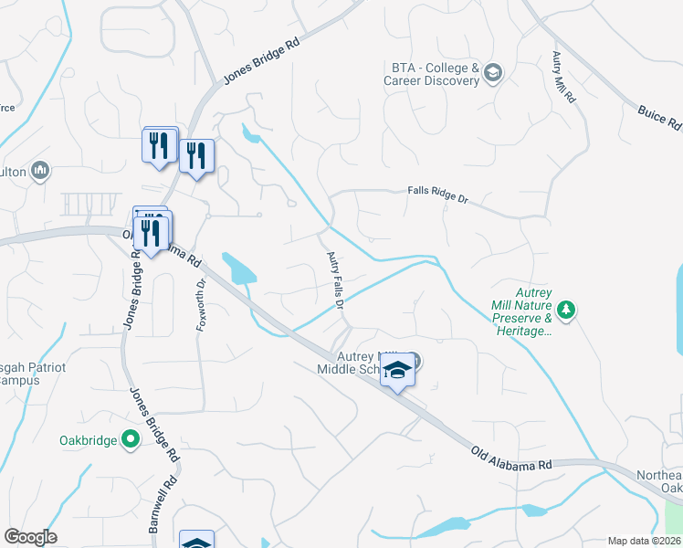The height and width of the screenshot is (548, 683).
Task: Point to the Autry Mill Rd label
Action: pos(562,77)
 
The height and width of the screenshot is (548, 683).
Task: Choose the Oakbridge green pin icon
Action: pos(131,440)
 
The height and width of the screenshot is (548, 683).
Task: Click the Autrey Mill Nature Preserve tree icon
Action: pos(567,311)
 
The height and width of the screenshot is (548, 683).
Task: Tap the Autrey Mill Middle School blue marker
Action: pos(397,371)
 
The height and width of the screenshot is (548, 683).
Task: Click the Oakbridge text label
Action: pos(88,440)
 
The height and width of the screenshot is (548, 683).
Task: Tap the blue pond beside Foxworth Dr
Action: pos(240,269)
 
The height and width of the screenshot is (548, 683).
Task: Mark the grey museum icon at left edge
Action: pos(39,171)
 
